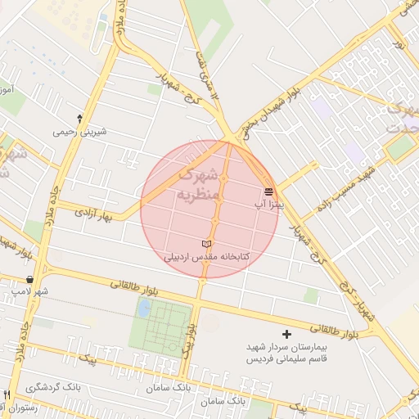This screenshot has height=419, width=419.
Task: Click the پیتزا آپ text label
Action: pyautogui.click(x=268, y=204)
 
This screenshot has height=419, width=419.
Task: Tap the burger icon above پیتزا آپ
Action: pyautogui.click(x=269, y=191)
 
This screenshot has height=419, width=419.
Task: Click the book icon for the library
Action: pyautogui.click(x=206, y=245)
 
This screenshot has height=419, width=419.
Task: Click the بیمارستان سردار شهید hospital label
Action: pyautogui.click(x=286, y=347)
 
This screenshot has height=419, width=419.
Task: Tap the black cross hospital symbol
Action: pyautogui.click(x=286, y=334)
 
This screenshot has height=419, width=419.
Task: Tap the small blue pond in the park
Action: pyautogui.click(x=144, y=309)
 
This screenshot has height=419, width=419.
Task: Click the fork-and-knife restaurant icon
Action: pyautogui.click(x=7, y=394)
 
